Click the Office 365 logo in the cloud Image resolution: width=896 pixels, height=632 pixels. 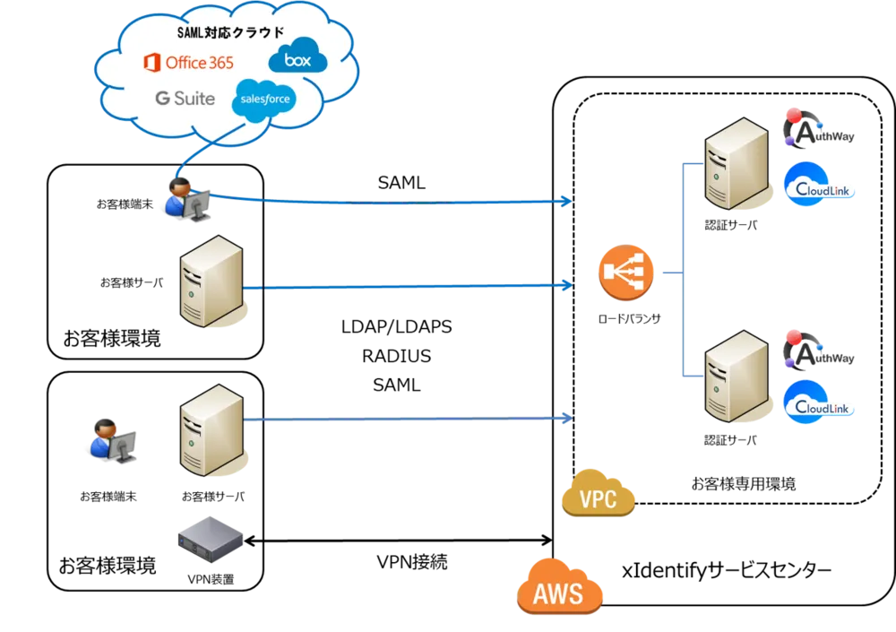tap(189, 63)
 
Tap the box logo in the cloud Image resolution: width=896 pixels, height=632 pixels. tap(297, 59)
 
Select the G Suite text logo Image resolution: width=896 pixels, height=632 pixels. tap(185, 99)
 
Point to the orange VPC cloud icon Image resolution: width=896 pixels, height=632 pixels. tap(598, 495)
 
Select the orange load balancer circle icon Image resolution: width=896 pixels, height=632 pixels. tap(626, 273)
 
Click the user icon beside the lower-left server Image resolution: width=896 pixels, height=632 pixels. tap(113, 439)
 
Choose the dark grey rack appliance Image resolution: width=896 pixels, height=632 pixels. tap(211, 540)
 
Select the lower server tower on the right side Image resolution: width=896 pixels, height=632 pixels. tap(736, 376)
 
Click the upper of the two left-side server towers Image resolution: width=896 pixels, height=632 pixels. tap(211, 281)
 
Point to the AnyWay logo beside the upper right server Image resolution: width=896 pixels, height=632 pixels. tap(818, 130)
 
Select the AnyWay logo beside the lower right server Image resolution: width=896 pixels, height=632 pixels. tap(818, 351)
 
